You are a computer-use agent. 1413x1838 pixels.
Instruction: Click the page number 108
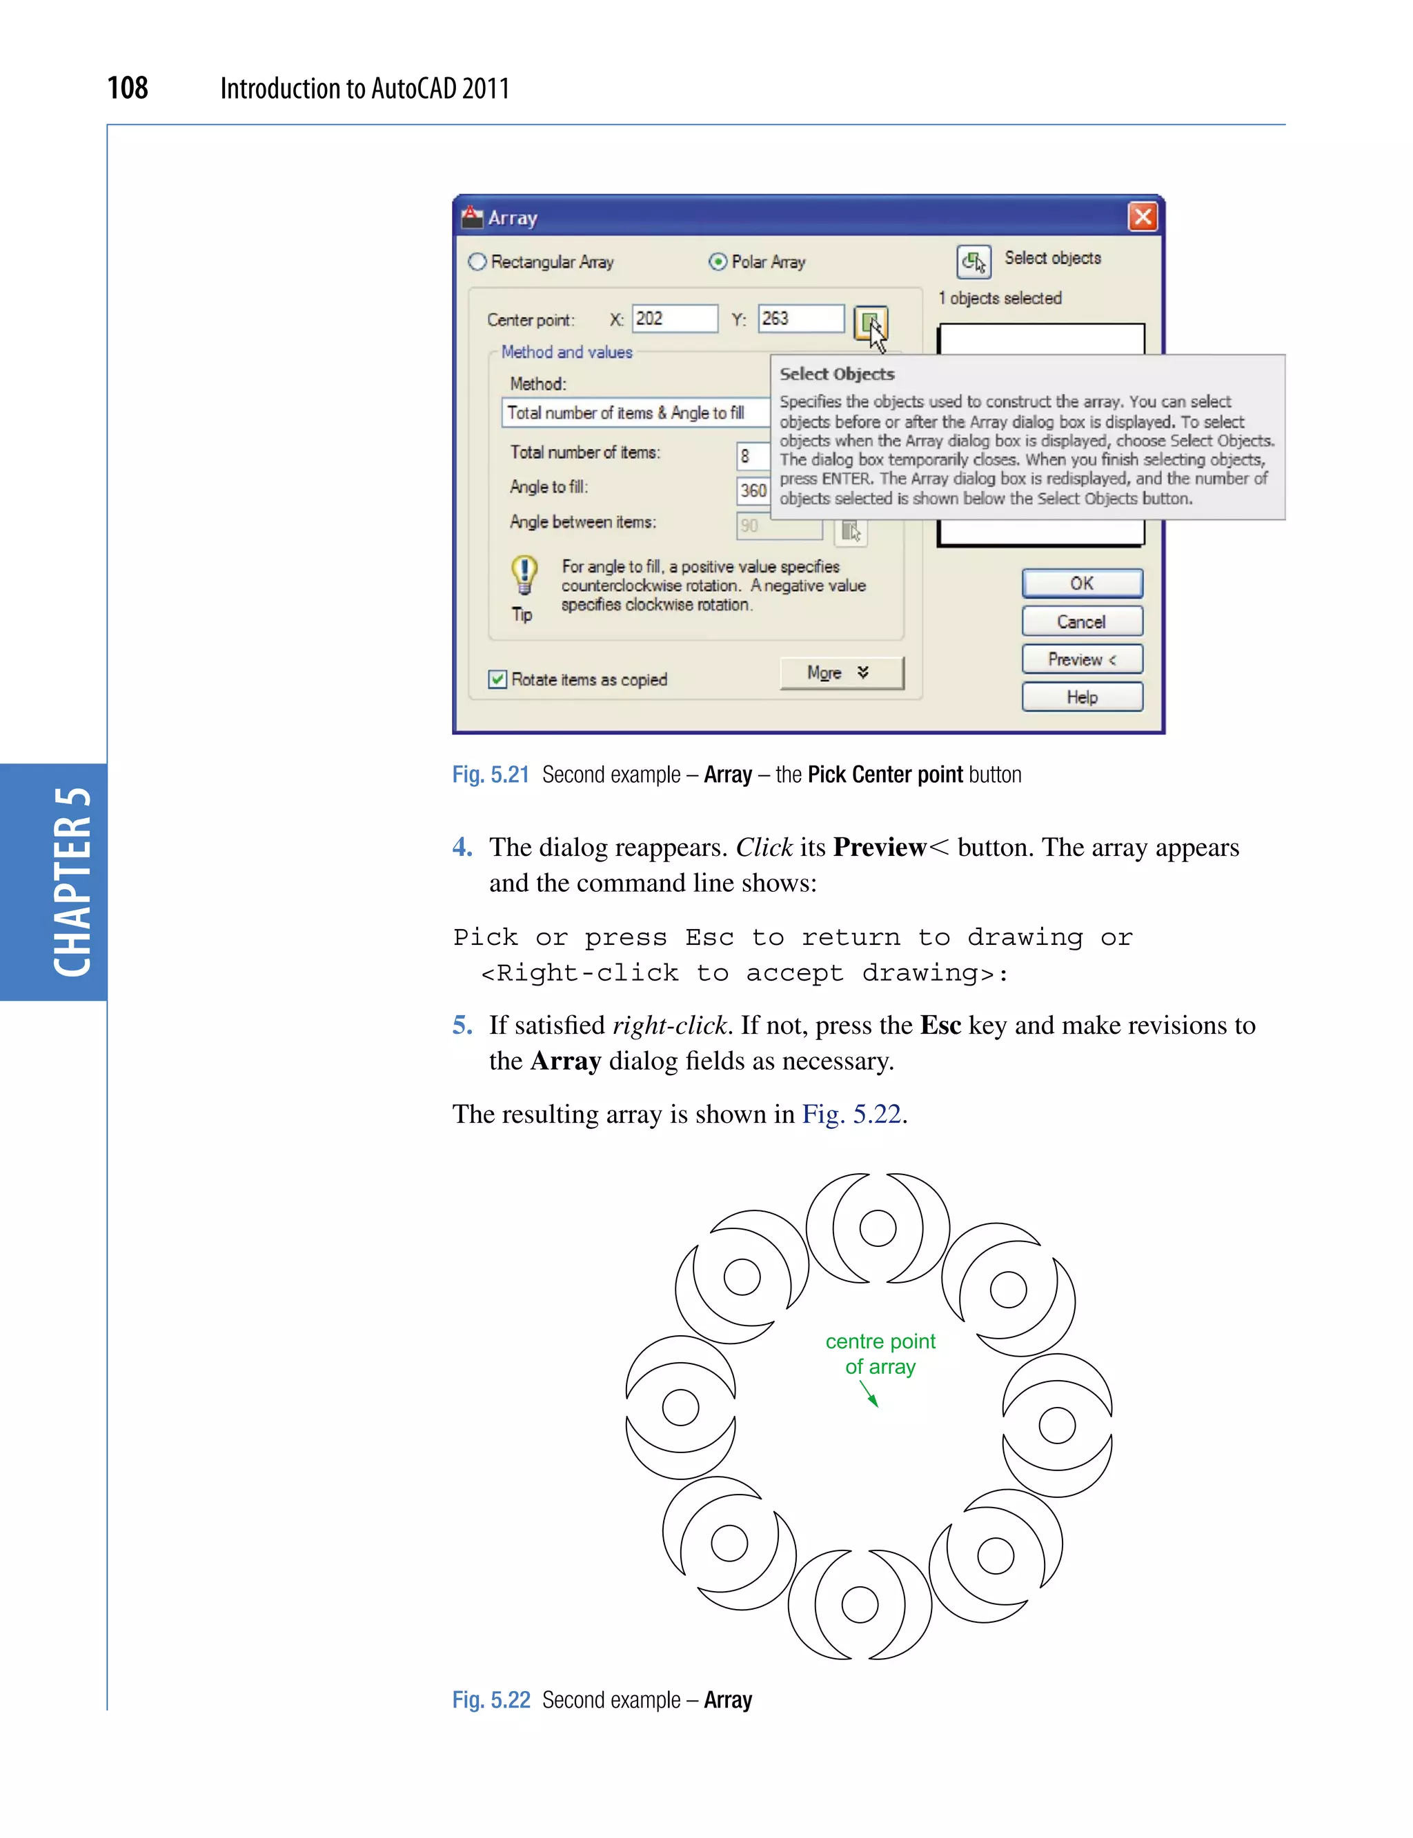click(x=128, y=88)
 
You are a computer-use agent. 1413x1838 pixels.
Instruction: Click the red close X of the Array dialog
click(x=1142, y=217)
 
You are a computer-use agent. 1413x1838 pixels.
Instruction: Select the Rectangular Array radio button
click(x=477, y=261)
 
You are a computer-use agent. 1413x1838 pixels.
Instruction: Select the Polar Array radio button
click(x=718, y=261)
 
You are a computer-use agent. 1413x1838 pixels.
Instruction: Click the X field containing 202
click(x=675, y=319)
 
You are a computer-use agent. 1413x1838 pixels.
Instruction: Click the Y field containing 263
click(x=800, y=319)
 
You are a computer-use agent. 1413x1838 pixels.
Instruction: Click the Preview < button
click(x=1082, y=659)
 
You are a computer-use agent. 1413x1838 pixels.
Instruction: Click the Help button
click(x=1082, y=697)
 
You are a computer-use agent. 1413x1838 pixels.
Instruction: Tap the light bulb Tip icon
click(x=524, y=575)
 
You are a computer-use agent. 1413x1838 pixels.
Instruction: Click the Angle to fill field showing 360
click(x=753, y=490)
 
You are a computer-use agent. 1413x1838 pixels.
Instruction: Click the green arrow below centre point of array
click(x=869, y=1394)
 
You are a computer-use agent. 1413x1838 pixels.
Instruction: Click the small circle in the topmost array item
click(x=877, y=1228)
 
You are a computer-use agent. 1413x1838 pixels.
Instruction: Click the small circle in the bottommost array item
click(x=860, y=1604)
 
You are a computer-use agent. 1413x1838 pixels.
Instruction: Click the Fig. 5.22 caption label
click(x=491, y=1700)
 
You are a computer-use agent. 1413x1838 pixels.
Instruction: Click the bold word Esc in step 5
click(x=940, y=1025)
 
